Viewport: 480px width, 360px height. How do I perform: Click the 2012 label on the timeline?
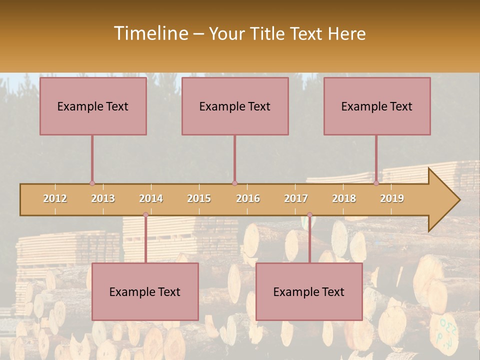(55, 198)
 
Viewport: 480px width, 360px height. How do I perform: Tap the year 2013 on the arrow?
(103, 198)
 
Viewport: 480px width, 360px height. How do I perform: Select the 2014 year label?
(151, 198)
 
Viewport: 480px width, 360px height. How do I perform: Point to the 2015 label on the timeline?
(199, 198)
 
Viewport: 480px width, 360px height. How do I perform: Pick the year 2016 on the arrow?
(248, 198)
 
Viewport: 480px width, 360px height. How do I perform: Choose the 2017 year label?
(296, 198)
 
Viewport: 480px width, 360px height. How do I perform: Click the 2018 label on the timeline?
(344, 198)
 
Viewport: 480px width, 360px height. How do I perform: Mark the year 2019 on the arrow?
(392, 198)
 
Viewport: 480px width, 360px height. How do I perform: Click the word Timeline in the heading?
(150, 33)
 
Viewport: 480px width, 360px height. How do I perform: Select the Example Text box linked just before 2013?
(93, 106)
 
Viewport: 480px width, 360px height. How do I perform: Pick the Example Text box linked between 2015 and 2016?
(235, 106)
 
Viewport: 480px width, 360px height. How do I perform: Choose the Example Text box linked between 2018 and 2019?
(377, 106)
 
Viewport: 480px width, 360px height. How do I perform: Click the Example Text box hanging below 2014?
(145, 291)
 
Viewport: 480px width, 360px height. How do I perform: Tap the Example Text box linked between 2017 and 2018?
(309, 291)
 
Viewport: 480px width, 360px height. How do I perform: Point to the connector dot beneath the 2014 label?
(145, 215)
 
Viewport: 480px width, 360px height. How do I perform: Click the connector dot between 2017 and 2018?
(309, 215)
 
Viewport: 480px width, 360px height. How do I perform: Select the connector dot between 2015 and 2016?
(234, 183)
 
